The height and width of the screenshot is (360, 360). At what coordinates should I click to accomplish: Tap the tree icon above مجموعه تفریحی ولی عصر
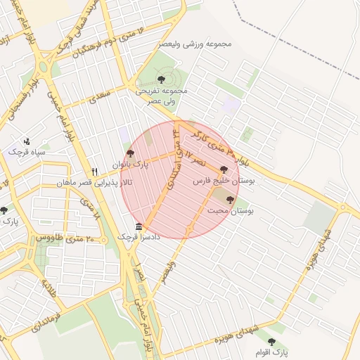(162, 79)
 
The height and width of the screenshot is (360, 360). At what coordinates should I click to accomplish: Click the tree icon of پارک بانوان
(129, 153)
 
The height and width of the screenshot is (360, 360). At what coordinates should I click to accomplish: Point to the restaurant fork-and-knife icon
(94, 172)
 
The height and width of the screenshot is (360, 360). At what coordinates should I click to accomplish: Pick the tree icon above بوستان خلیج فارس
(224, 169)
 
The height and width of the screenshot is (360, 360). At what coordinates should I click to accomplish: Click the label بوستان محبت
(231, 210)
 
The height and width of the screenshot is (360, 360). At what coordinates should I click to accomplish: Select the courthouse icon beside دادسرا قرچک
(139, 226)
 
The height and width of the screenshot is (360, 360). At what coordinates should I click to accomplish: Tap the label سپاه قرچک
(27, 152)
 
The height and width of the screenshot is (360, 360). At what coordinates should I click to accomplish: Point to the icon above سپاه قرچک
(27, 141)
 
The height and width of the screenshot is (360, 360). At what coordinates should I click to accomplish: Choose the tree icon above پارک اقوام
(271, 341)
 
